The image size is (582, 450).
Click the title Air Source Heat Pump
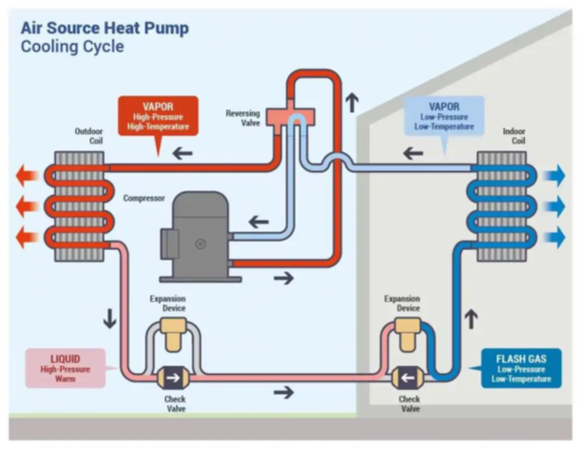[x=105, y=28]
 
